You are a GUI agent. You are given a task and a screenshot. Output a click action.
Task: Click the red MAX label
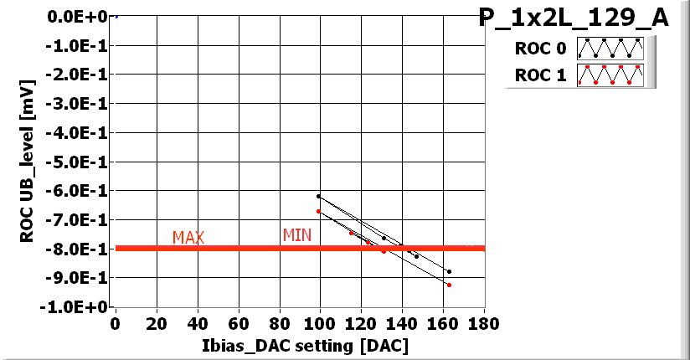pyautogui.click(x=188, y=238)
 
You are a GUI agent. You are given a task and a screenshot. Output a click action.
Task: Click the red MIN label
pyautogui.click(x=296, y=235)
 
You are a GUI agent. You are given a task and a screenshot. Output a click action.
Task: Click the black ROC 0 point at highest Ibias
pyautogui.click(x=449, y=271)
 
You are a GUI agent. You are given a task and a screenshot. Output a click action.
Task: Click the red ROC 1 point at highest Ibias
pyautogui.click(x=449, y=285)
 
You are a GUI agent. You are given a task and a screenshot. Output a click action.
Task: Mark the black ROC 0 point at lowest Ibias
pyautogui.click(x=318, y=196)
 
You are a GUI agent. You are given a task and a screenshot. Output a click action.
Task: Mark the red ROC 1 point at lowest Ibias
pyautogui.click(x=318, y=211)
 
